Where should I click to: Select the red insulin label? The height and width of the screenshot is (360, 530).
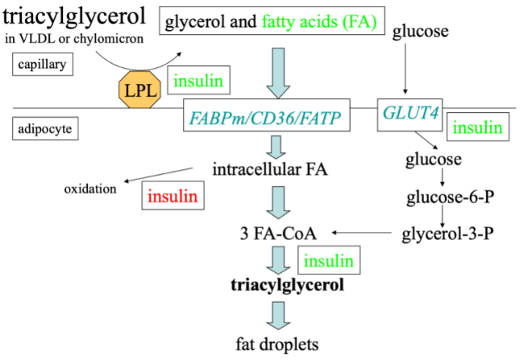tap(171, 196)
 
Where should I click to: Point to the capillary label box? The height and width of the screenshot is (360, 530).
tap(44, 64)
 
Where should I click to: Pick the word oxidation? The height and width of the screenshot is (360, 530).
tap(90, 189)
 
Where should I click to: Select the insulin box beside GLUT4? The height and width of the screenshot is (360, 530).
tap(477, 128)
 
